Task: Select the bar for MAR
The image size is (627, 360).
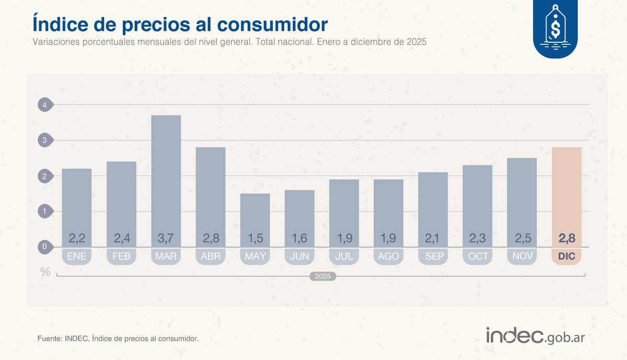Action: coord(166,172)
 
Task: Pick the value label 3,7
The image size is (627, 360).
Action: coord(166,239)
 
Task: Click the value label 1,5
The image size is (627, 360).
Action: coord(255,239)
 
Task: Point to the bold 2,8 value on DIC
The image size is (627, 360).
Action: coord(566,239)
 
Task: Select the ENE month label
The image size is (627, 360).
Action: coord(77,256)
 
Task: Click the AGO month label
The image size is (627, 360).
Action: coord(388,256)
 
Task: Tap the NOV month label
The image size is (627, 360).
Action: coord(522,256)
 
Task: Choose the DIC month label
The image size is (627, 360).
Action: coord(566,256)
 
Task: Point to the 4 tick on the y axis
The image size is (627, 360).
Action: coord(45,105)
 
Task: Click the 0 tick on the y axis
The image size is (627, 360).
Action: coord(45,247)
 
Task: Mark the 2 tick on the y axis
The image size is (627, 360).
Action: coord(45,176)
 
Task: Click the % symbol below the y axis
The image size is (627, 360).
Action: coord(45,272)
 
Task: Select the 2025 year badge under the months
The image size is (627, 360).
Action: coord(323,276)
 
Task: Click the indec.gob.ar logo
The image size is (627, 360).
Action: coord(535,336)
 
